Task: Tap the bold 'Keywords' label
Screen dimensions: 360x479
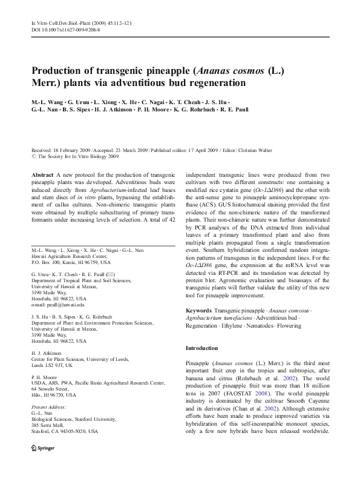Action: [199, 311]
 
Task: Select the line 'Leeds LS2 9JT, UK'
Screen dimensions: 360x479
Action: [52, 366]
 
